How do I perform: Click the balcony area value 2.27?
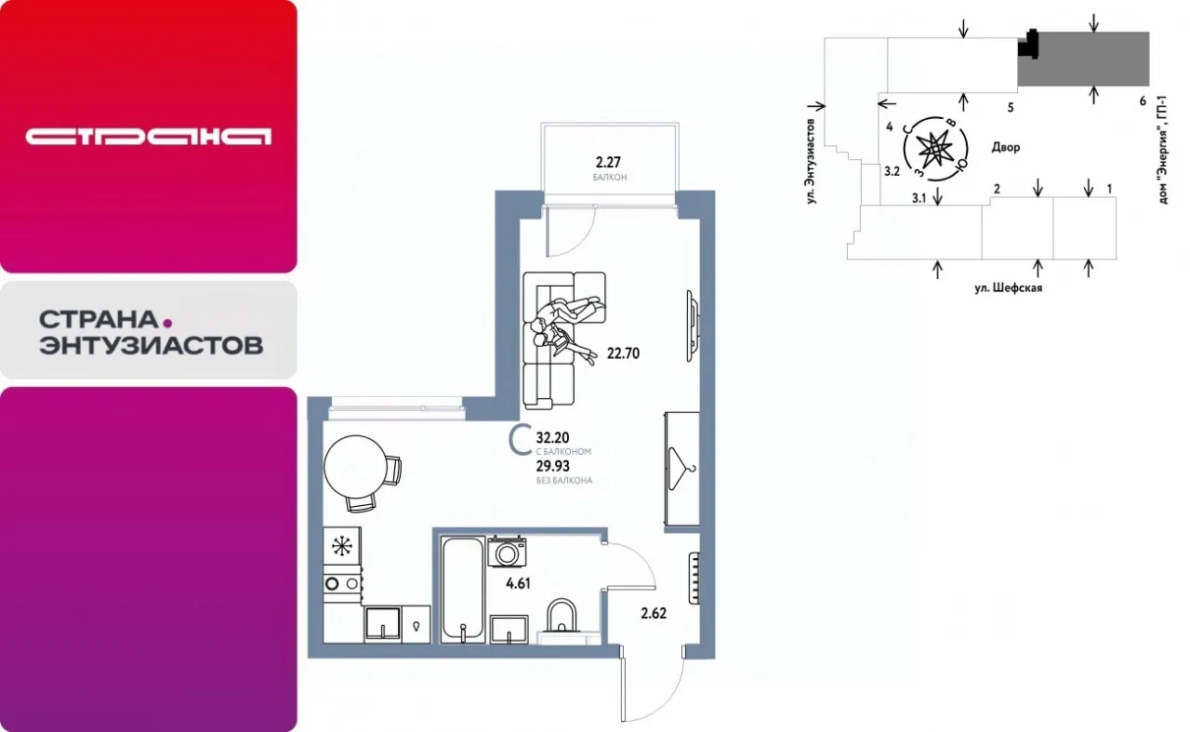tap(608, 162)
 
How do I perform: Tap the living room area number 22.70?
tap(623, 353)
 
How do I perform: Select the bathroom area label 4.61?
tap(518, 584)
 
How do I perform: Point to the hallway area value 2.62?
tap(654, 614)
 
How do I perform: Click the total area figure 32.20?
tap(552, 438)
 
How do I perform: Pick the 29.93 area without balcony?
tap(552, 466)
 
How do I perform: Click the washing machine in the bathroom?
tap(507, 552)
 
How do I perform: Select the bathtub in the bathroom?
tap(463, 590)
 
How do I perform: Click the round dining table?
tap(355, 467)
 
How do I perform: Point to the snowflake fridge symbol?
tap(341, 545)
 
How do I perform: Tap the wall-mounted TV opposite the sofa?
tap(692, 326)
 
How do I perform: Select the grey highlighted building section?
tap(1083, 59)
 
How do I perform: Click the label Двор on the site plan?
tap(1006, 147)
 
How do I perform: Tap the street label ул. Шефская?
tap(1008, 288)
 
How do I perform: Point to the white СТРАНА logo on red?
tap(148, 136)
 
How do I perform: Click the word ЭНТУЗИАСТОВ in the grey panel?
tap(152, 345)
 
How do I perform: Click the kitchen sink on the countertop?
tap(382, 623)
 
